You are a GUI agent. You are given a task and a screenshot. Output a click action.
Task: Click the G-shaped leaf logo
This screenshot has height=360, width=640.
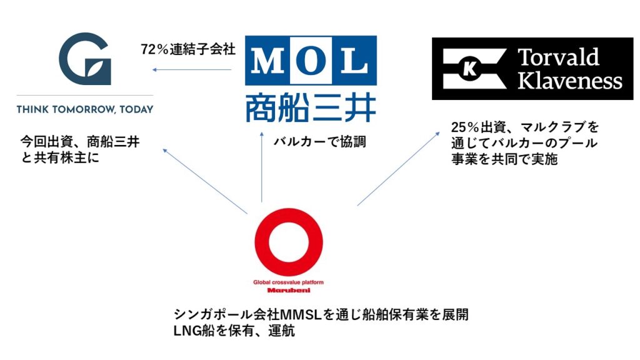coord(85,59)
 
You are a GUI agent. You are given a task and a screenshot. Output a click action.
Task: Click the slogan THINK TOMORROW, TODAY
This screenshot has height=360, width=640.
coord(85,109)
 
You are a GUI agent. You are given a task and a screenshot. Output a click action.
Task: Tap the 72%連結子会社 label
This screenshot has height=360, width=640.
coord(188,49)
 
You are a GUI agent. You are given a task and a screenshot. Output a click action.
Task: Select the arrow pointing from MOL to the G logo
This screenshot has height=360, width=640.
coord(192,70)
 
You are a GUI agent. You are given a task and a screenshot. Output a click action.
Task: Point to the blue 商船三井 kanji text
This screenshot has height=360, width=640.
coord(311,107)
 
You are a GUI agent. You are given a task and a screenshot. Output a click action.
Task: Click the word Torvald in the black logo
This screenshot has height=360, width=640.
coord(558,57)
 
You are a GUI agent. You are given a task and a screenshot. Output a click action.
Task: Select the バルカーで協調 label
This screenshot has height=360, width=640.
coord(319,142)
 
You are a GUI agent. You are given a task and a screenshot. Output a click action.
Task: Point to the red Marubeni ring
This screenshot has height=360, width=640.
coord(289,242)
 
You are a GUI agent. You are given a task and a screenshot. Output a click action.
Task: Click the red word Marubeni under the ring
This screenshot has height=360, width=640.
coord(289,290)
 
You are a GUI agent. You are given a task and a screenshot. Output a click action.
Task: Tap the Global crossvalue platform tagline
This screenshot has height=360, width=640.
coord(288,282)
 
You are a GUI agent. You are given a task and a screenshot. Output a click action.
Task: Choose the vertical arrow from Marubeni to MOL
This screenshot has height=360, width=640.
coord(262,167)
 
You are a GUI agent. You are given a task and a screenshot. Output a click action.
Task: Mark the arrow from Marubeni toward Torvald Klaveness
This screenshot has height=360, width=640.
coord(398,169)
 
